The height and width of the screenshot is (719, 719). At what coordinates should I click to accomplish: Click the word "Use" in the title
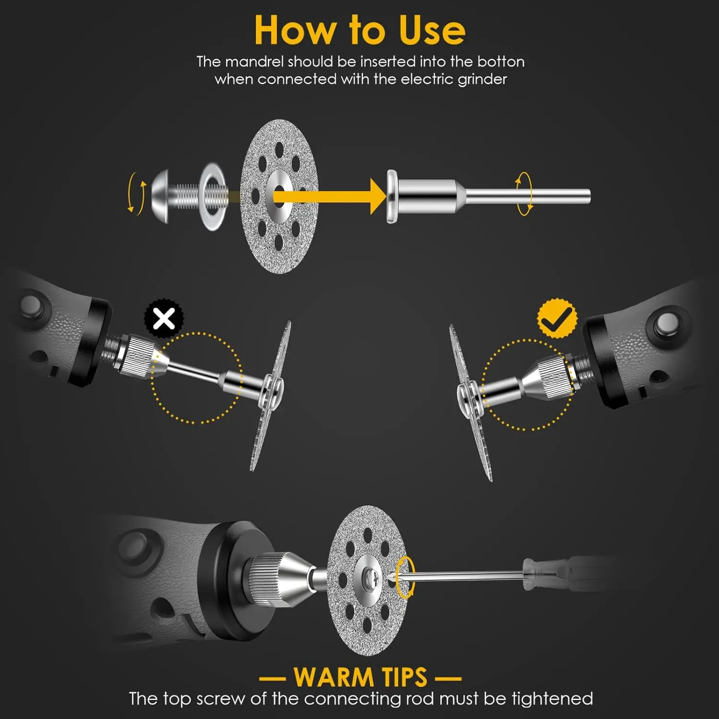pos(431,30)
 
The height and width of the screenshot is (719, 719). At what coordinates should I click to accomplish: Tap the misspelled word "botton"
pos(500,62)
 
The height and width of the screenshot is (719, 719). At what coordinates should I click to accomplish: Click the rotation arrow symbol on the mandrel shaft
pos(523,194)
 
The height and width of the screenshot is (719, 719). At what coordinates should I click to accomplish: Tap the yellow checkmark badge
pos(557,318)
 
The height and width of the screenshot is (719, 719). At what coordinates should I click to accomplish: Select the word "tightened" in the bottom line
pos(552,699)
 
